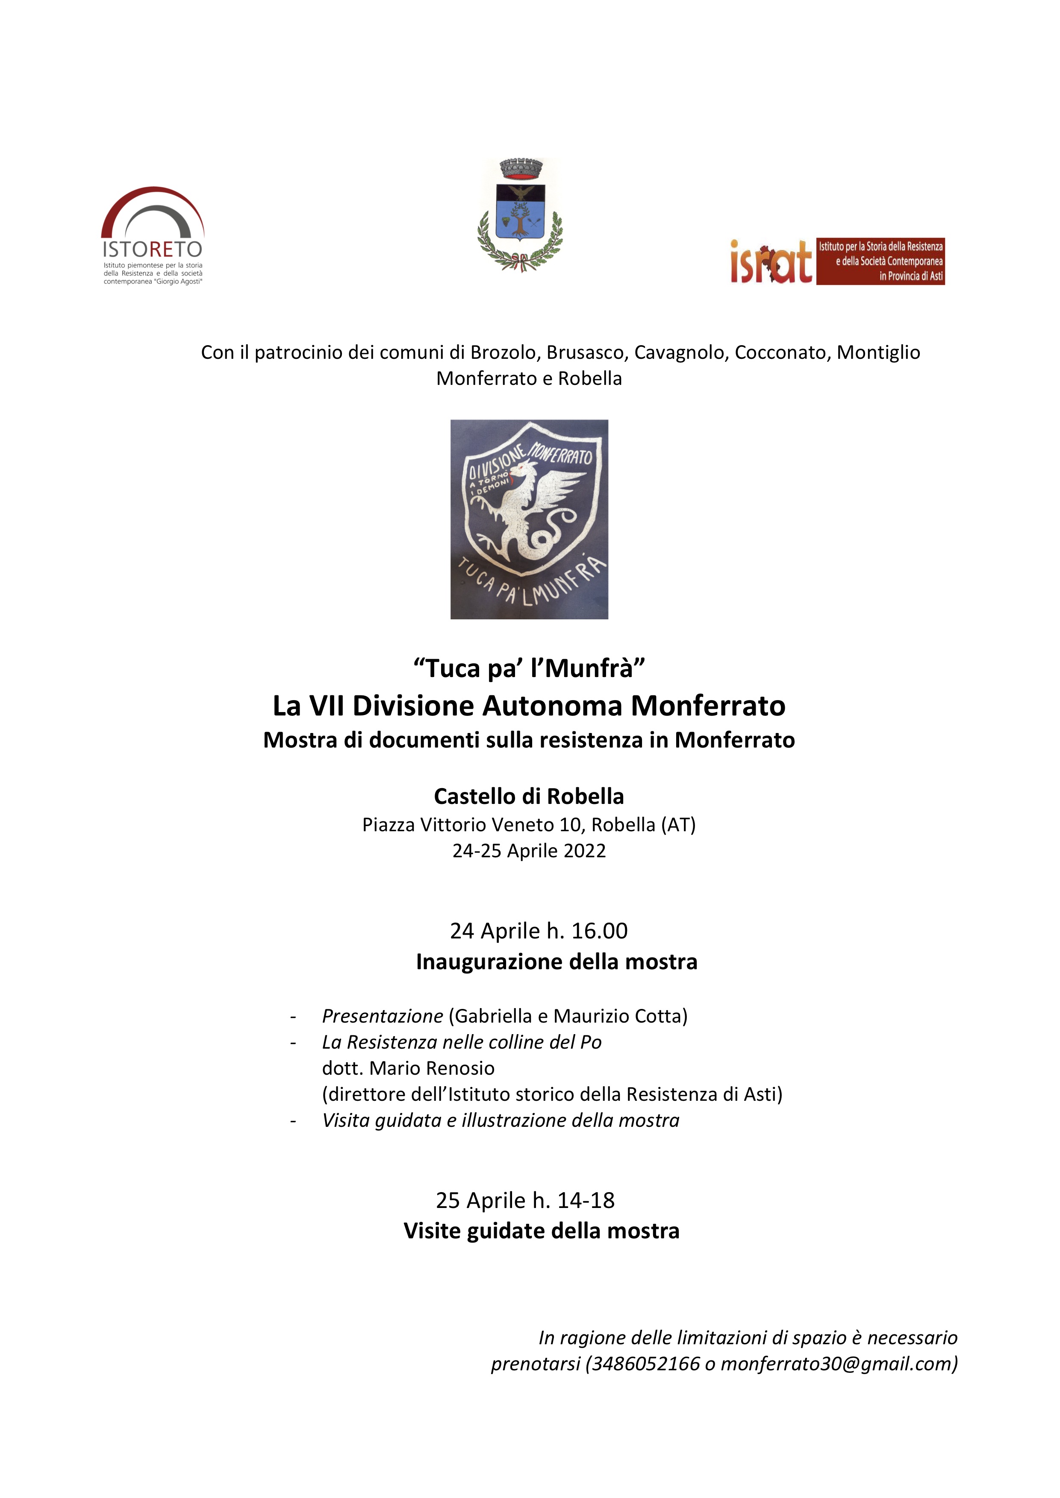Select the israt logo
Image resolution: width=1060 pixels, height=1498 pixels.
pyautogui.click(x=837, y=261)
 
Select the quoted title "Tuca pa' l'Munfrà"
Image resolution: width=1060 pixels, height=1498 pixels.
pyautogui.click(x=529, y=668)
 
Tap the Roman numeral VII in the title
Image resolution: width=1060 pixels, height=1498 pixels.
pyautogui.click(x=327, y=706)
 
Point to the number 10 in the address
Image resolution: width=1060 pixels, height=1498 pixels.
pyautogui.click(x=570, y=825)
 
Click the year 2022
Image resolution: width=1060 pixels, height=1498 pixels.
pyautogui.click(x=583, y=851)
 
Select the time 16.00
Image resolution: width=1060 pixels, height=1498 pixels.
pyautogui.click(x=599, y=931)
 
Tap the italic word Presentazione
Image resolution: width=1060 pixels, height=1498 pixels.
pyautogui.click(x=383, y=1016)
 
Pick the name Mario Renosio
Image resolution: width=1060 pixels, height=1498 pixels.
pyautogui.click(x=432, y=1068)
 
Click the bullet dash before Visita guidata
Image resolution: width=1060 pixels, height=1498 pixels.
pyautogui.click(x=294, y=1121)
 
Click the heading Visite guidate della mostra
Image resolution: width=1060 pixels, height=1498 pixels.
pyautogui.click(x=541, y=1231)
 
